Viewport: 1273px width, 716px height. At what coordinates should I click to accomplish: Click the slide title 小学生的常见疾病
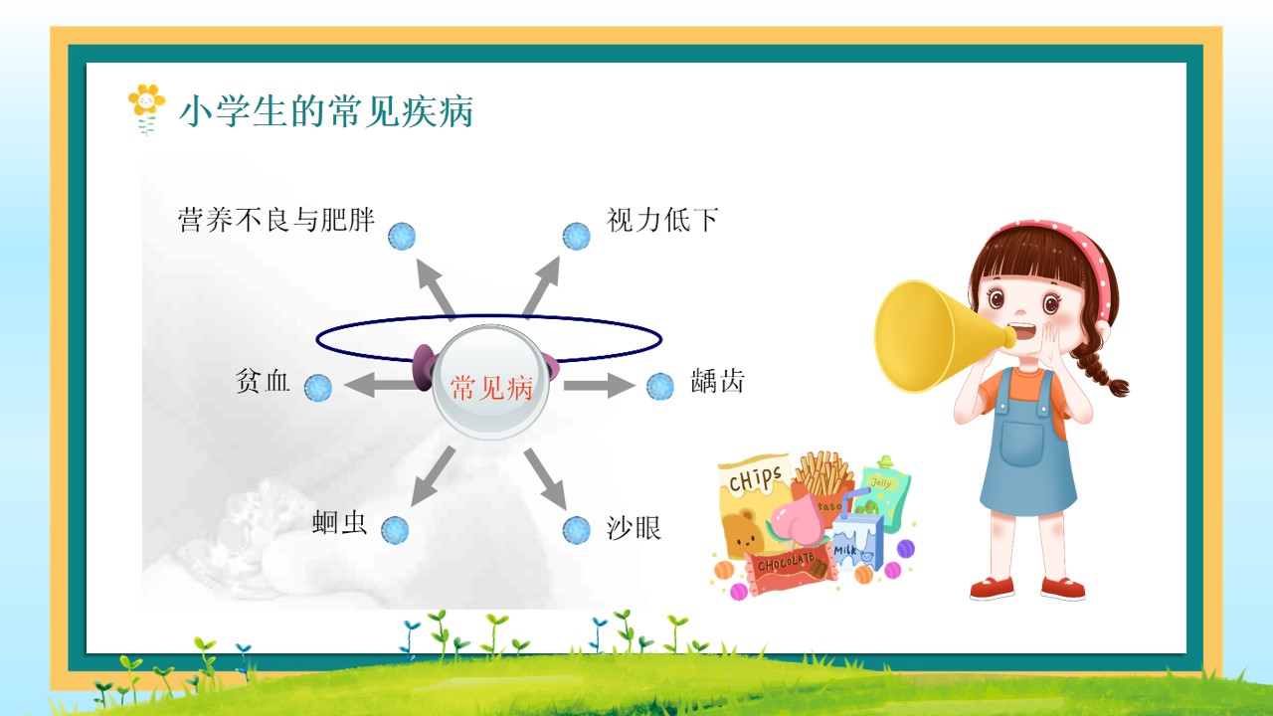pyautogui.click(x=325, y=111)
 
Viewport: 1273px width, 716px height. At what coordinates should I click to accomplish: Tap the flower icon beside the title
pyautogui.click(x=146, y=109)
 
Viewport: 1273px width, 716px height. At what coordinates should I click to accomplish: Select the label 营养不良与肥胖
pyautogui.click(x=276, y=220)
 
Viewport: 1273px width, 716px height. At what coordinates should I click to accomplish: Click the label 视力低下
pyautogui.click(x=662, y=220)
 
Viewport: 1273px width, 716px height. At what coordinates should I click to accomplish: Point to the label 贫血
pyautogui.click(x=263, y=381)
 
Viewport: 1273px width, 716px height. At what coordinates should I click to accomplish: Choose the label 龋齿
pyautogui.click(x=717, y=381)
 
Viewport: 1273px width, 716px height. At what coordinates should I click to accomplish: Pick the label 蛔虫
pyautogui.click(x=339, y=523)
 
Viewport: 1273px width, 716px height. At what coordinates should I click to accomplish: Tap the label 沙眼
pyautogui.click(x=634, y=528)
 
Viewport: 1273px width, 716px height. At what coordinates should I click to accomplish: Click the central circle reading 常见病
pyautogui.click(x=490, y=383)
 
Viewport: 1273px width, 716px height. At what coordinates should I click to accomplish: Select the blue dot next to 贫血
pyautogui.click(x=317, y=388)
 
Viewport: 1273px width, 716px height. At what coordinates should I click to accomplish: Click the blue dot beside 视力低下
pyautogui.click(x=576, y=236)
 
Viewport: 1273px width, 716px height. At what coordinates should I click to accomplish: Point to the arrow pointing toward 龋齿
pyautogui.click(x=599, y=385)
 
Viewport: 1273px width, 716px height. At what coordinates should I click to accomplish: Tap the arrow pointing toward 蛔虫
pyautogui.click(x=433, y=476)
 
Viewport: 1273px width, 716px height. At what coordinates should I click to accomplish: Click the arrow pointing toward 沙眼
pyautogui.click(x=546, y=478)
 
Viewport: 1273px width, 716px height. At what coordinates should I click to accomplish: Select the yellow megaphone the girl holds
pyautogui.click(x=944, y=336)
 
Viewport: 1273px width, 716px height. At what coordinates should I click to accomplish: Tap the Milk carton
pyautogui.click(x=858, y=541)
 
